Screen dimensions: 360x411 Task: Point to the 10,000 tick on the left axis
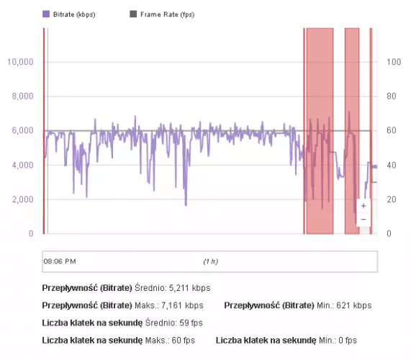[x=20, y=62]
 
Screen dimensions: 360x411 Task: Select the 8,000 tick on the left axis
[x=22, y=96]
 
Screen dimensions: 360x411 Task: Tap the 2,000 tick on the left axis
[x=22, y=199]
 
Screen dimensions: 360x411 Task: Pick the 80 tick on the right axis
[x=391, y=96]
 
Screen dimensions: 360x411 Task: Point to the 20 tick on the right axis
[x=391, y=199]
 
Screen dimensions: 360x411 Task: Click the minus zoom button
[x=363, y=219]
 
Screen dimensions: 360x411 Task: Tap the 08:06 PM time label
[x=60, y=261]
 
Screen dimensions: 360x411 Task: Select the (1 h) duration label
[x=210, y=261]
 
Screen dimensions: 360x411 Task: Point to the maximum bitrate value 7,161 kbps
[x=185, y=305]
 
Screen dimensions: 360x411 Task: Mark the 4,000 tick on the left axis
[x=22, y=165]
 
